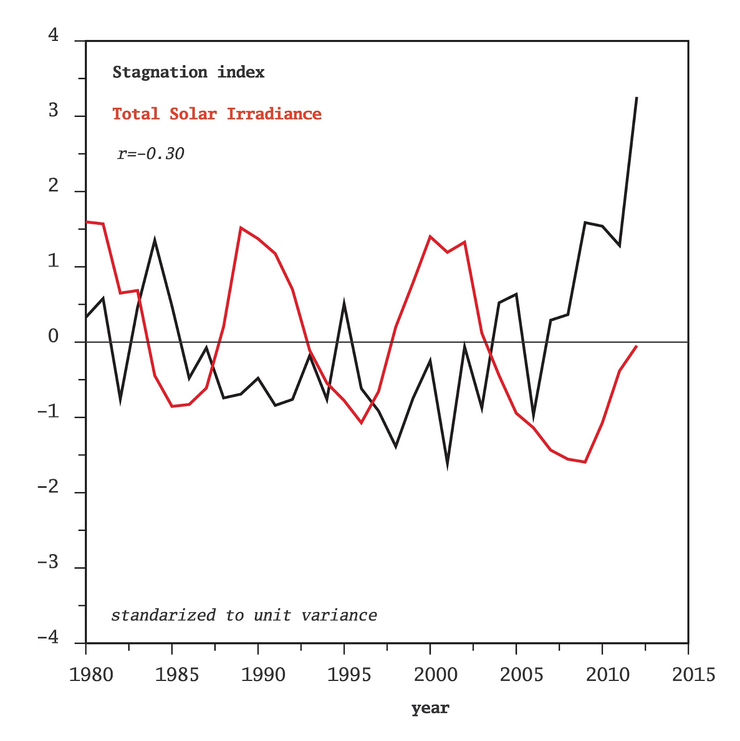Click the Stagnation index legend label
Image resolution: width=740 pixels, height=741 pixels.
(x=188, y=72)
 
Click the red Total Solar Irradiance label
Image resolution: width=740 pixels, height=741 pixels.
(x=217, y=114)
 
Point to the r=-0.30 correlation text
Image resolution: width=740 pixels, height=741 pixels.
(x=151, y=153)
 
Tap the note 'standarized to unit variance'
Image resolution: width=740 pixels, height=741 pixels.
(x=244, y=615)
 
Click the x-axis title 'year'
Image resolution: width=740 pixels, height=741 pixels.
(x=430, y=708)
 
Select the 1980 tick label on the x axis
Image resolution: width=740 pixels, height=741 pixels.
(x=91, y=675)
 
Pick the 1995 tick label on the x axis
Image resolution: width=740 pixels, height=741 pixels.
(x=349, y=675)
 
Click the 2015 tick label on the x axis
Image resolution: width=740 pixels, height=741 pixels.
(x=693, y=675)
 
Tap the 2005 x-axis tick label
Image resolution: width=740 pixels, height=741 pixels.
(x=521, y=675)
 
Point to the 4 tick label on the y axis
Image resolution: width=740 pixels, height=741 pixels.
(x=53, y=35)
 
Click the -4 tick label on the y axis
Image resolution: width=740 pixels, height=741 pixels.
(x=48, y=637)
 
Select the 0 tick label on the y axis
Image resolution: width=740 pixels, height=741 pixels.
(x=53, y=336)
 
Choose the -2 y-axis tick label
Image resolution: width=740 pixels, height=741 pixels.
(x=48, y=487)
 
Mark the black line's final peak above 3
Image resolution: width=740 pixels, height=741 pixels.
(x=637, y=98)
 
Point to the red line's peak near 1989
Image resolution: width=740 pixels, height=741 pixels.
(x=240, y=227)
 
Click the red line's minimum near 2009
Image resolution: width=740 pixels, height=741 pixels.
(x=585, y=462)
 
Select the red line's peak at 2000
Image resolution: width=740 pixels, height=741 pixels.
(x=430, y=237)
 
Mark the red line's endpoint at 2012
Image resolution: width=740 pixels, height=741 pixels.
(x=637, y=346)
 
